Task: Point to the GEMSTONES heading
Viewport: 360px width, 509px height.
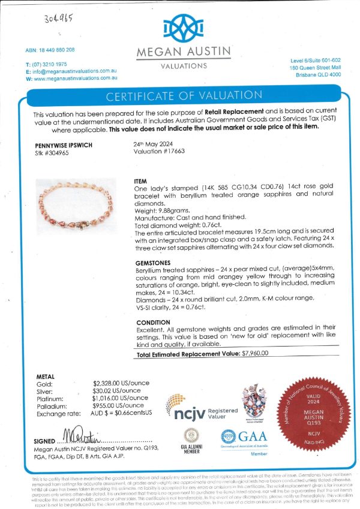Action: point(154,263)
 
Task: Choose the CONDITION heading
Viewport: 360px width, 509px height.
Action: point(154,322)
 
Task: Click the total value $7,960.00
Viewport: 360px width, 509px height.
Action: point(254,354)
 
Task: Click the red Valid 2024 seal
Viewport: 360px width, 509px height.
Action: point(316,412)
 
